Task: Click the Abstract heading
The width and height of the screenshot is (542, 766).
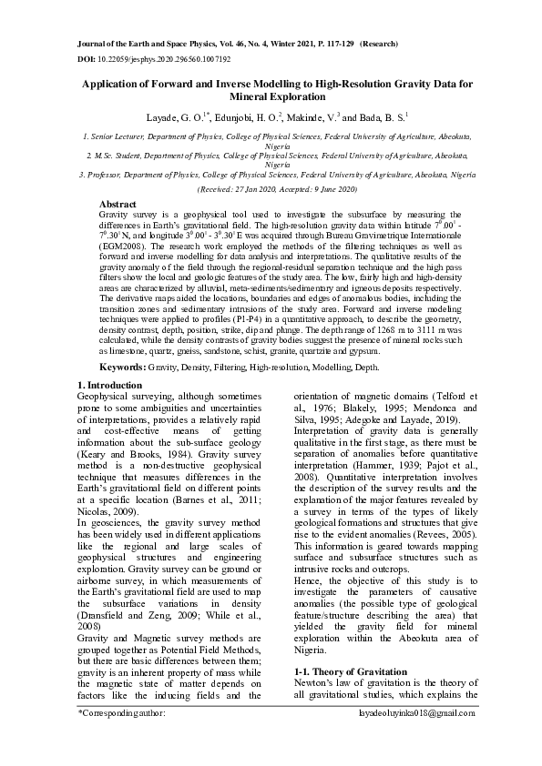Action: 117,205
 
